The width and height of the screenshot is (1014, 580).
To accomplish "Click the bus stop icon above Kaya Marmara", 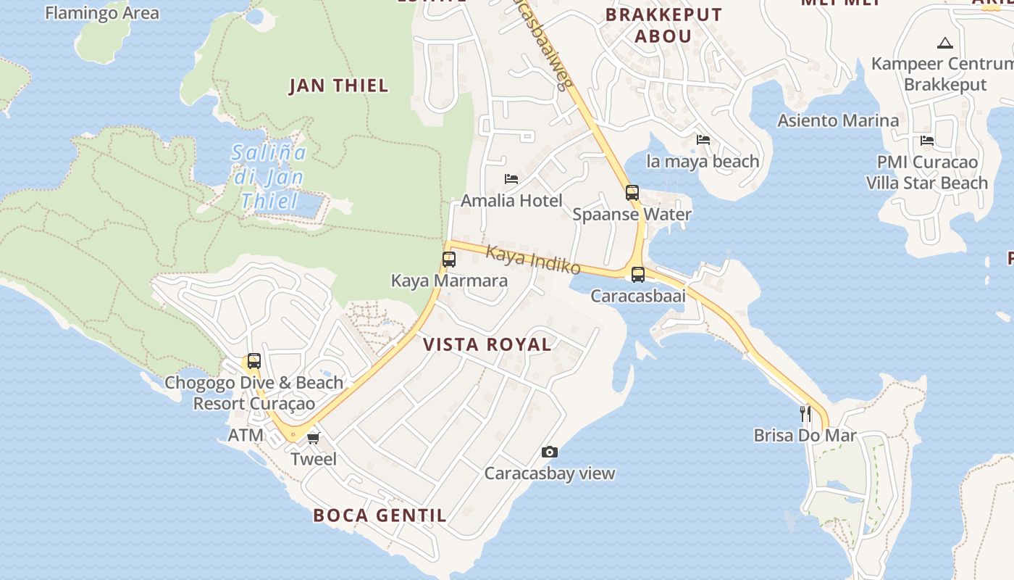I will pyautogui.click(x=449, y=260).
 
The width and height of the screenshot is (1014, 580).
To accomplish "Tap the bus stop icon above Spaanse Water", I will pyautogui.click(x=632, y=193).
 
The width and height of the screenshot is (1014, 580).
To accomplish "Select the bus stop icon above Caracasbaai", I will pyautogui.click(x=638, y=275).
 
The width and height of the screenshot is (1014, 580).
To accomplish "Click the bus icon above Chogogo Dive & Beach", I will pyautogui.click(x=253, y=361).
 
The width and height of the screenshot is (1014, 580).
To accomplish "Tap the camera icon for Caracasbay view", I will pyautogui.click(x=550, y=452).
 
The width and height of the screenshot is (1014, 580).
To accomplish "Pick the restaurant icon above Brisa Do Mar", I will pyautogui.click(x=805, y=414).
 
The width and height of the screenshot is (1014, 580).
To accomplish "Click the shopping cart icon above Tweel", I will pyautogui.click(x=314, y=438).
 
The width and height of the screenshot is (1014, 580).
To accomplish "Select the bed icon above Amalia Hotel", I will pyautogui.click(x=511, y=178).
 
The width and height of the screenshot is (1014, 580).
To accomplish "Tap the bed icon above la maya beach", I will pyautogui.click(x=703, y=140).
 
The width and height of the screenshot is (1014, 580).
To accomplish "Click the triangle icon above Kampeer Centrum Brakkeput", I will pyautogui.click(x=944, y=43).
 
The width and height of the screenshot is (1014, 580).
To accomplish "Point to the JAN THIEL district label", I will pyautogui.click(x=338, y=86).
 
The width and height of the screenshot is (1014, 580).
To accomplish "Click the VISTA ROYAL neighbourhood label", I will pyautogui.click(x=487, y=344).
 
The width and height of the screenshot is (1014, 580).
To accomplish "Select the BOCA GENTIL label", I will pyautogui.click(x=380, y=515).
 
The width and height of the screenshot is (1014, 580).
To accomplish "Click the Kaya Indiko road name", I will pyautogui.click(x=533, y=260).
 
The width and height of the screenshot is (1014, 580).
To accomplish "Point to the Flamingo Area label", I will pyautogui.click(x=102, y=12).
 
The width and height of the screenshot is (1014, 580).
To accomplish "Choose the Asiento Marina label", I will pyautogui.click(x=838, y=120).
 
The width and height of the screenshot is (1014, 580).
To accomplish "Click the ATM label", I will pyautogui.click(x=246, y=436).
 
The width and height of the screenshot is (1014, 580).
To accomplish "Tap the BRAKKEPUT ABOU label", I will pyautogui.click(x=664, y=25).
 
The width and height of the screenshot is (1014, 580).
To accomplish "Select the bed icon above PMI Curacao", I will pyautogui.click(x=926, y=141).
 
